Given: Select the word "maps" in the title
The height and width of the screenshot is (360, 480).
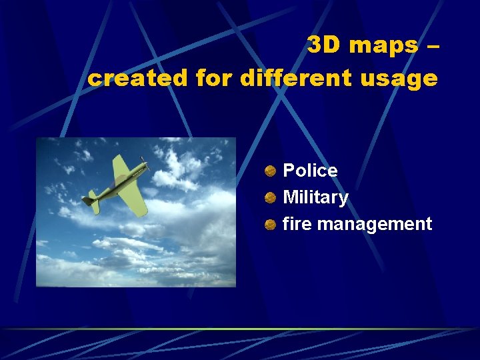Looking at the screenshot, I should (381, 45).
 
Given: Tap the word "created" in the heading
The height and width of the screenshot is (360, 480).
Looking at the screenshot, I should (138, 79).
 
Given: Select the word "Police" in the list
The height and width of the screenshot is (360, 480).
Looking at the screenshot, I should (310, 171).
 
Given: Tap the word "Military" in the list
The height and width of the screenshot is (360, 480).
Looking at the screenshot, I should (315, 197).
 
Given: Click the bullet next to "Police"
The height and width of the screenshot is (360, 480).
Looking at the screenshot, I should (270, 171).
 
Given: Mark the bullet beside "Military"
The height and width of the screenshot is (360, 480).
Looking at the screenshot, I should (270, 197).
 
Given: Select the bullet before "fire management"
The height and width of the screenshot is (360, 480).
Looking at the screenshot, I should (270, 224).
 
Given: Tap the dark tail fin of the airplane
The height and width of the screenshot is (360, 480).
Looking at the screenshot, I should (89, 199).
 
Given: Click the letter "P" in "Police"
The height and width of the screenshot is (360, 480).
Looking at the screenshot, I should (289, 171).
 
